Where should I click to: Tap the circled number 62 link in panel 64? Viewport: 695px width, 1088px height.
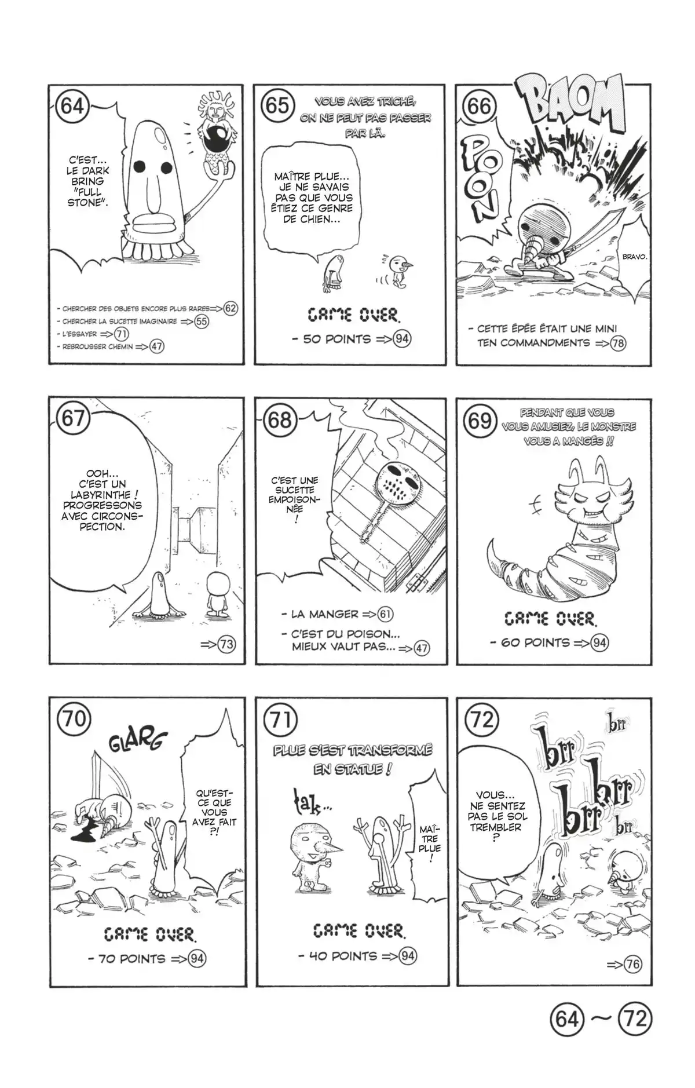[230, 308]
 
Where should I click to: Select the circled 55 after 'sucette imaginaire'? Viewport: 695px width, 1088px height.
[201, 322]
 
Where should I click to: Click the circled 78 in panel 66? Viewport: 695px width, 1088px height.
[618, 343]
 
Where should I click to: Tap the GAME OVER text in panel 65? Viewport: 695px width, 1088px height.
[353, 315]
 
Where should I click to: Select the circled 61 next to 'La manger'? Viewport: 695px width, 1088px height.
[385, 614]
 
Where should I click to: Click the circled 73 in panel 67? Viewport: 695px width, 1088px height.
[226, 644]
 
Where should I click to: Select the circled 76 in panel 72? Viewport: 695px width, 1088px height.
[633, 965]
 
